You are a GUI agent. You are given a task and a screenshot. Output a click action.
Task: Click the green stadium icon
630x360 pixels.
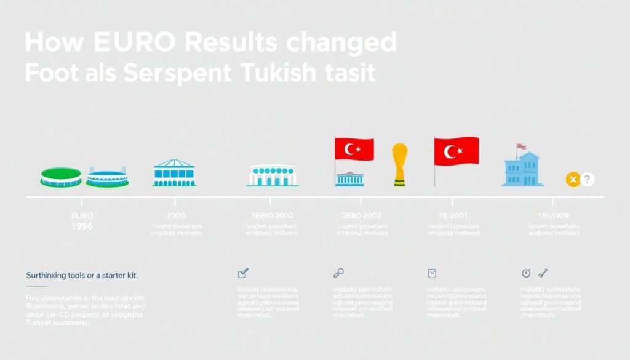(x=60, y=177)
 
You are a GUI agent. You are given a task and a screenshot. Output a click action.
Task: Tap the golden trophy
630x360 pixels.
(x=400, y=163)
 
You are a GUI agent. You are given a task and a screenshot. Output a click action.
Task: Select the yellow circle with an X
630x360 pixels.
(x=573, y=180)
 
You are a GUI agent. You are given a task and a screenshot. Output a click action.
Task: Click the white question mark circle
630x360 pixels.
(x=588, y=180)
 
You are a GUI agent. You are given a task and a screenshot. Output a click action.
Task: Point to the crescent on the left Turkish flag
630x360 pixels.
(x=351, y=148)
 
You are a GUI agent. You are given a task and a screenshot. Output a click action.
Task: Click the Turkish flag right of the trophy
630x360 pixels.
(x=456, y=151)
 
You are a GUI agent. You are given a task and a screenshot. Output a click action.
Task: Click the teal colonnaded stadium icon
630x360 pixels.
(x=271, y=176)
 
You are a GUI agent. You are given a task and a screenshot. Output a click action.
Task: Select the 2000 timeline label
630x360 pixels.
(x=176, y=216)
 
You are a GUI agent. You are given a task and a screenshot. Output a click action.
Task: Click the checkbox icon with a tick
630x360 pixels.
(x=243, y=273)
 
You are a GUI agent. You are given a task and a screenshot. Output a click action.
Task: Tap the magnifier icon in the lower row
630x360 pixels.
(x=338, y=273)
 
